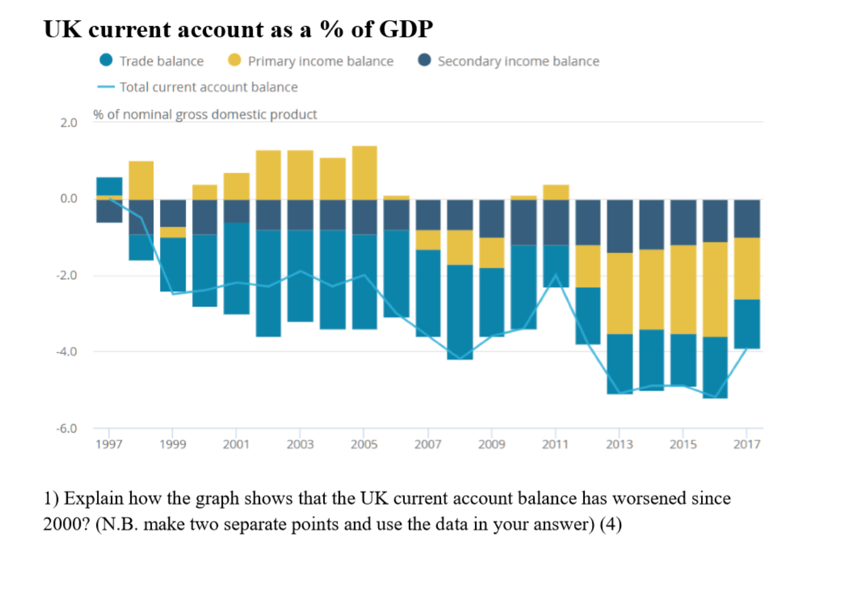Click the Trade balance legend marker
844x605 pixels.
point(106,61)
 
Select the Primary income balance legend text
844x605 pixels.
point(320,61)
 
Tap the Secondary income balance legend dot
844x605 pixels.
point(424,61)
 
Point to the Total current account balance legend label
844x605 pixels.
point(208,87)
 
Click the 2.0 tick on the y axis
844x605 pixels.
point(68,123)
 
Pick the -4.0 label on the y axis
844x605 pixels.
point(67,352)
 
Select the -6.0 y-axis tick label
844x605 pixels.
point(67,429)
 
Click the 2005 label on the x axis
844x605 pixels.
point(364,445)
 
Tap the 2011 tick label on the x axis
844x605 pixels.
point(555,445)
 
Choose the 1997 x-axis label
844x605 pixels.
point(109,445)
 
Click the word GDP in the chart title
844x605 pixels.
point(406,29)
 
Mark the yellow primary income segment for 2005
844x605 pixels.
point(364,173)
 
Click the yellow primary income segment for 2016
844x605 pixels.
point(715,289)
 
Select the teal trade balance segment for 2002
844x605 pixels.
point(268,283)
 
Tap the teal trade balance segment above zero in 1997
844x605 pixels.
point(109,186)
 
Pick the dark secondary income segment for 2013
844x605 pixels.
point(619,226)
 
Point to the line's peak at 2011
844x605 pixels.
point(556,276)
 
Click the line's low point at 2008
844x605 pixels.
point(460,359)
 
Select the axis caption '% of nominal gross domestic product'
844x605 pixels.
point(205,114)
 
